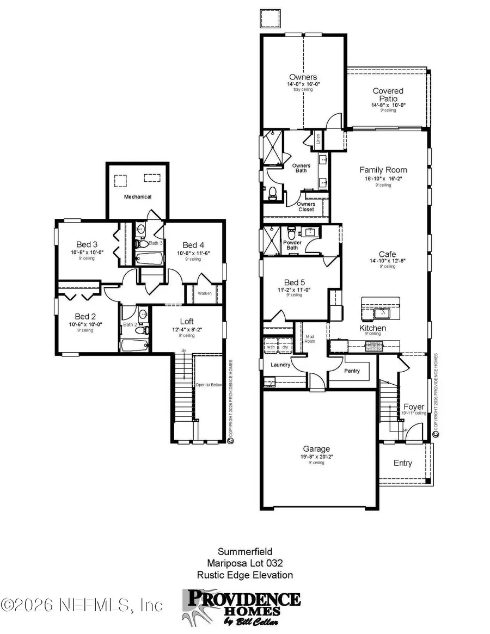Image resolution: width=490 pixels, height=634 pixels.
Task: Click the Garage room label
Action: click(316, 449)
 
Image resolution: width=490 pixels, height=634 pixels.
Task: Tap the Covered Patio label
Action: click(388, 95)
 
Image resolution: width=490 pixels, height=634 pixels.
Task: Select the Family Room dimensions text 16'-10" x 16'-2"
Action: click(383, 178)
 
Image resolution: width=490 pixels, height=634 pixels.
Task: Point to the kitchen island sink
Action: click(381, 312)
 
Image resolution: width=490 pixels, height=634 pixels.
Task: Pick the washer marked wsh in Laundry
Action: click(271, 347)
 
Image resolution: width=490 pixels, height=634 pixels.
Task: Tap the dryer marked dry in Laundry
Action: click(284, 347)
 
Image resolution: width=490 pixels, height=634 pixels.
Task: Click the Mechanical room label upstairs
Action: click(137, 196)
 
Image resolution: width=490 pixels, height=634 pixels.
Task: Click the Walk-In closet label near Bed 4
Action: click(205, 293)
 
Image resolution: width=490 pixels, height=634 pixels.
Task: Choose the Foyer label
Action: click(413, 407)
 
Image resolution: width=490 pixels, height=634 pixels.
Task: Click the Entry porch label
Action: click(403, 463)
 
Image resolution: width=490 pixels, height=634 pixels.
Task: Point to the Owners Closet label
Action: click(306, 207)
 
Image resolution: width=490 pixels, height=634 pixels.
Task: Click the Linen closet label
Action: click(318, 140)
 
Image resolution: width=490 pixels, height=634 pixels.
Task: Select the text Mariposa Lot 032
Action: click(244, 563)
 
